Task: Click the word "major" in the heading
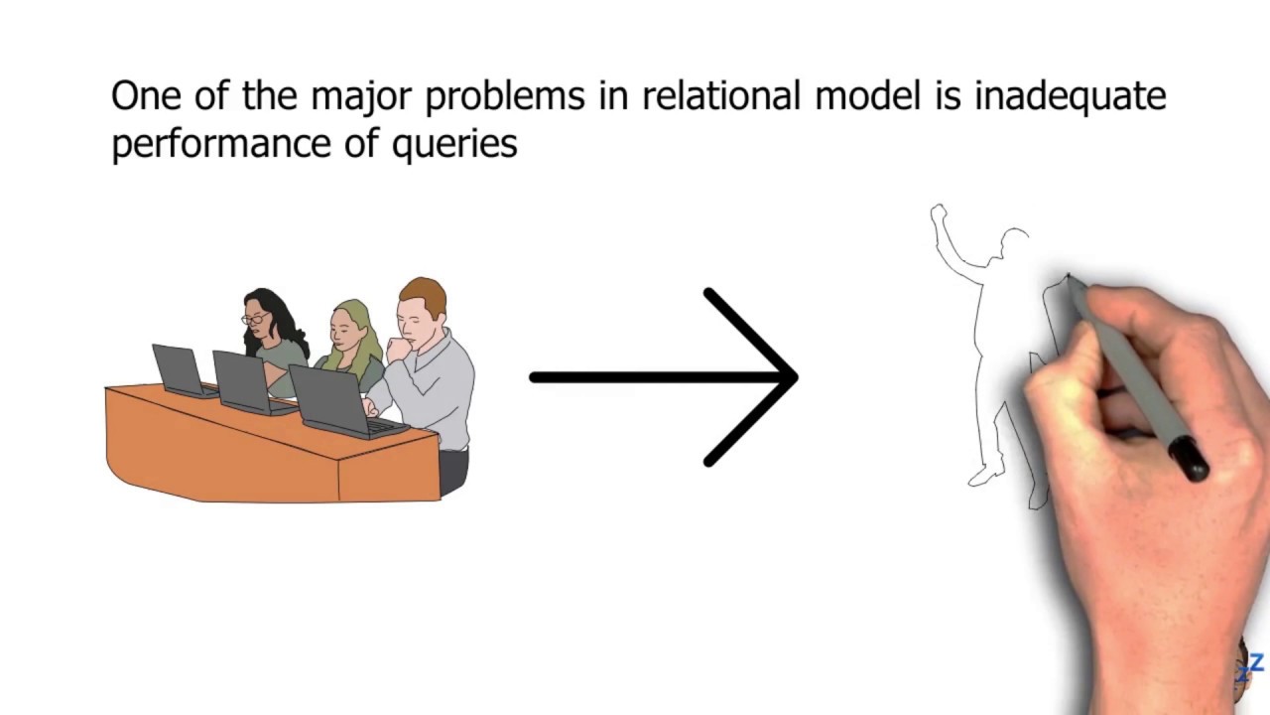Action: pos(363,97)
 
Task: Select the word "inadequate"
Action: pos(1070,97)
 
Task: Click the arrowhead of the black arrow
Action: pos(779,377)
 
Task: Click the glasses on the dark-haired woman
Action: pos(255,319)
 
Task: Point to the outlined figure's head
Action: pos(1015,242)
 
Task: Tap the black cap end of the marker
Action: pos(1190,460)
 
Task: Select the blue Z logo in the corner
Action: pos(1256,663)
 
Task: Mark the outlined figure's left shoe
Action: pos(985,478)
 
